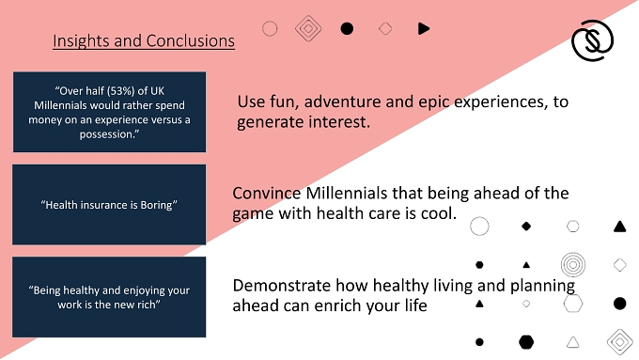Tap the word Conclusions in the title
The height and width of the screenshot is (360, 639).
191,40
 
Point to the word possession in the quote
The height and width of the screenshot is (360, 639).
107,134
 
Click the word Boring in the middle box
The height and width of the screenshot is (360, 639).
156,205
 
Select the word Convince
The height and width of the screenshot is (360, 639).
267,194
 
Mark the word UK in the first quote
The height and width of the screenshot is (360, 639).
157,91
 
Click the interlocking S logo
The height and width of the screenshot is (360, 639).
593,40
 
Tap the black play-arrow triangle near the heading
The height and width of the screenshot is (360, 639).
424,28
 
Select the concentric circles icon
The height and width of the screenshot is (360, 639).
573,265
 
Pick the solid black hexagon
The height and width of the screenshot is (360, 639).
526,342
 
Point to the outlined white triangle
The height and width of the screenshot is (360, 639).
573,343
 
